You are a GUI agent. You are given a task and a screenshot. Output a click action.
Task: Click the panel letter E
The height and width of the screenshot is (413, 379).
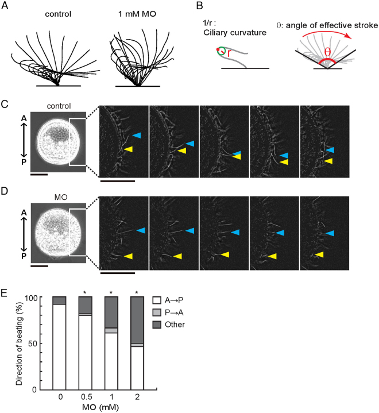(x=5, y=293)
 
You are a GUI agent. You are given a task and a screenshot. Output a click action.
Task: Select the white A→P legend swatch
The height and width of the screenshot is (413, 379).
(x=157, y=300)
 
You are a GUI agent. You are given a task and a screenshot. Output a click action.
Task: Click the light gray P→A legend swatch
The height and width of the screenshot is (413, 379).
(x=157, y=312)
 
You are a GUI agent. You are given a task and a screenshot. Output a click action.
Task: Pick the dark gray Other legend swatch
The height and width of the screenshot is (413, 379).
(x=157, y=325)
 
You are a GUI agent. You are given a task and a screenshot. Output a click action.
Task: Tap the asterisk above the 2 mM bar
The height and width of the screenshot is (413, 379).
(x=137, y=292)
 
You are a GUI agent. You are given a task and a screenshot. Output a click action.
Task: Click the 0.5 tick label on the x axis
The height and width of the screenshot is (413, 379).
(x=87, y=397)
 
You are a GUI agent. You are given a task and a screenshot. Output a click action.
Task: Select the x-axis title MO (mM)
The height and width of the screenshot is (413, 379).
(x=100, y=407)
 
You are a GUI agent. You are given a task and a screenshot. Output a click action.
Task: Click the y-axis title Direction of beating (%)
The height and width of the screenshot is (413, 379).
(x=19, y=343)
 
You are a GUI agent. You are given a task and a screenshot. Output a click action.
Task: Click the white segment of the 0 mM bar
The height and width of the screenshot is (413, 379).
(x=59, y=347)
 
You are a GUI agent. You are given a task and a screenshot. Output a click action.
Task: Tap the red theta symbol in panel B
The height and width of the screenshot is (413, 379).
(x=327, y=52)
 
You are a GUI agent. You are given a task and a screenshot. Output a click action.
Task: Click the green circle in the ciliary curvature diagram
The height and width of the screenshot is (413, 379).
(x=221, y=51)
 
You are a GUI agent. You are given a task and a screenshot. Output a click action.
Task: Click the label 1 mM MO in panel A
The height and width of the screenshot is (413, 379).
(x=137, y=14)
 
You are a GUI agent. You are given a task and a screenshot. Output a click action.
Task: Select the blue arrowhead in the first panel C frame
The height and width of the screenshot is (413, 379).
(x=137, y=136)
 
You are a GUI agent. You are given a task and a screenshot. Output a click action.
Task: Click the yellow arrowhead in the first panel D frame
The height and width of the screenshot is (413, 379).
(x=128, y=256)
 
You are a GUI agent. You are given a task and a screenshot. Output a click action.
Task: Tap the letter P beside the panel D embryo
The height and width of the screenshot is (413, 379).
(x=24, y=256)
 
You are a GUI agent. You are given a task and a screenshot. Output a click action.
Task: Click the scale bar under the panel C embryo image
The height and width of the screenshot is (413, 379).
(x=39, y=174)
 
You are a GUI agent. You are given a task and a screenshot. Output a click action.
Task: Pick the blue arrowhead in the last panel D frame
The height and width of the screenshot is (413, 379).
(x=330, y=233)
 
